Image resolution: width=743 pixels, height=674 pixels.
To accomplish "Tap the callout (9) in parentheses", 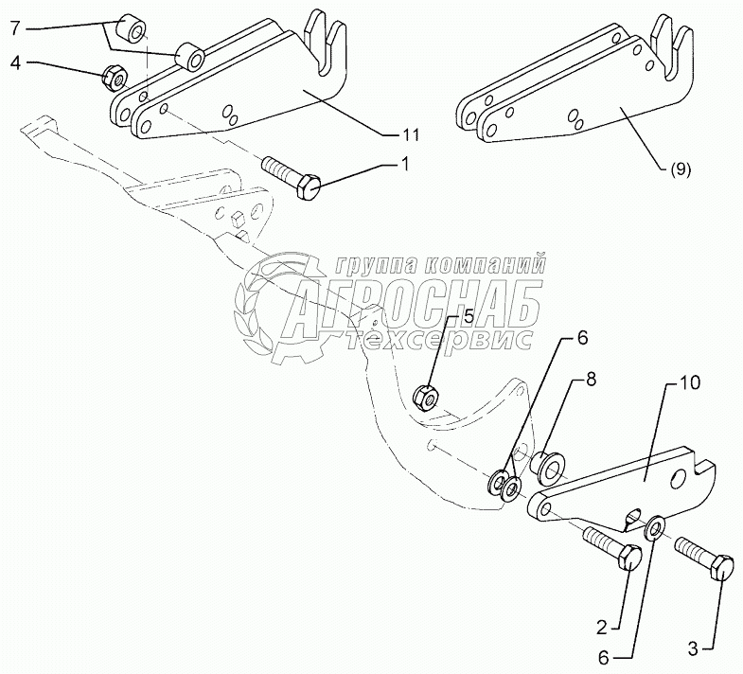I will pos(680,170).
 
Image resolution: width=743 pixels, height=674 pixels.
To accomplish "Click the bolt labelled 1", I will pos(289,178).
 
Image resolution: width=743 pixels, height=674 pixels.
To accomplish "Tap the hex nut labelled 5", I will pos(426,394).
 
